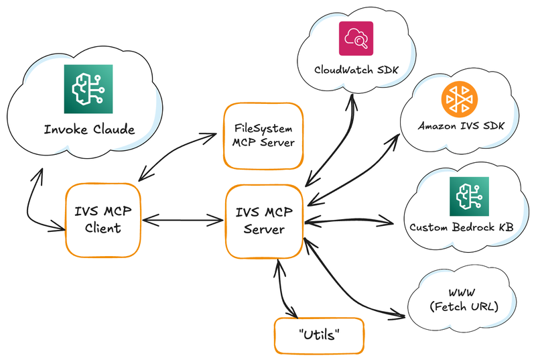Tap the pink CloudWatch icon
point(355,38)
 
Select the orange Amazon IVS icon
point(460,99)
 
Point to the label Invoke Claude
point(89,129)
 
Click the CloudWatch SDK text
point(355,70)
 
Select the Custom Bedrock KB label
point(462,227)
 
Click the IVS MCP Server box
point(264,221)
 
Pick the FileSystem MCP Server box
point(263,135)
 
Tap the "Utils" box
point(319,335)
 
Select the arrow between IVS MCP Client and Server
point(182,219)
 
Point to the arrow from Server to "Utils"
point(283,288)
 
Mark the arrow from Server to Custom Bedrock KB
point(348,221)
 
